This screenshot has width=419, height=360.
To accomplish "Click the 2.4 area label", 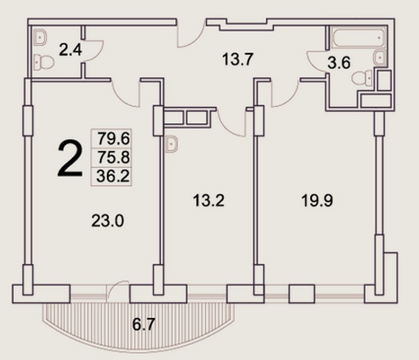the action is [70, 50].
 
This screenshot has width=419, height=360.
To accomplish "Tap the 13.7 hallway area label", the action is [238, 59].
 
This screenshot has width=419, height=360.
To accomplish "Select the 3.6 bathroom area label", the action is [339, 63].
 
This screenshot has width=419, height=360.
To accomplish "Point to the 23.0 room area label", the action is [107, 221].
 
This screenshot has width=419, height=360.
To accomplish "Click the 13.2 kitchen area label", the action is [208, 200].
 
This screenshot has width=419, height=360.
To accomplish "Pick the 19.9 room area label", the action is [317, 200].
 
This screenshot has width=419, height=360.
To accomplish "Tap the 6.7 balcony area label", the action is [144, 325].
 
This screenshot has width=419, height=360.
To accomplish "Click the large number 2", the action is [70, 159].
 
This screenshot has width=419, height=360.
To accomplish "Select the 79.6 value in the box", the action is [113, 139].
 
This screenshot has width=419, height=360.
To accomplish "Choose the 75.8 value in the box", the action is [113, 157].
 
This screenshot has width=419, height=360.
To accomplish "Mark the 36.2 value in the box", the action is [113, 176].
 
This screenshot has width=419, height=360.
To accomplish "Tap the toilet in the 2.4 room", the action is [44, 62].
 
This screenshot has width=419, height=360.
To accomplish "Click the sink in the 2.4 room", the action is [40, 37].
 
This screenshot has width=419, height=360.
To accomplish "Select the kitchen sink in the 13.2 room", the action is [171, 144].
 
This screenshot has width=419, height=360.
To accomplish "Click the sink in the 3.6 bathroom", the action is [380, 57].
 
